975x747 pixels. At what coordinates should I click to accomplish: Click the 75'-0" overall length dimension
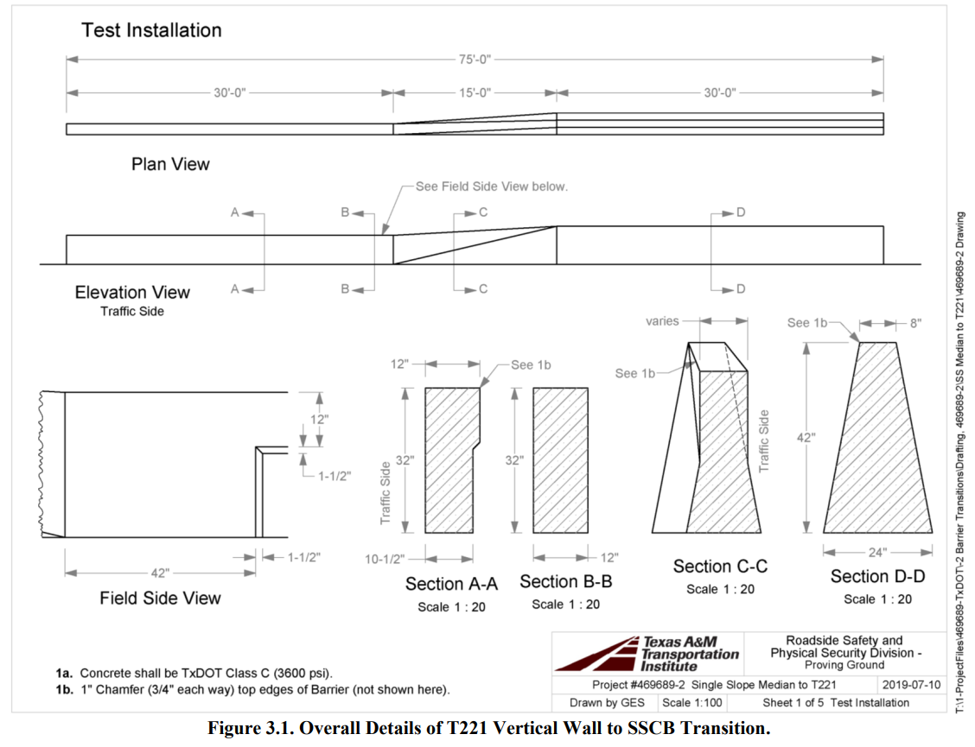pos(475,60)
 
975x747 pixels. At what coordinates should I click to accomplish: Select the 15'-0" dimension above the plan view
pos(474,92)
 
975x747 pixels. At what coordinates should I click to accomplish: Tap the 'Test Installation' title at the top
pos(151,30)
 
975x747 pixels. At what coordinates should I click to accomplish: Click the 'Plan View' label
pos(170,163)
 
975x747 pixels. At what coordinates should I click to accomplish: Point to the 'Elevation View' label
pos(132,292)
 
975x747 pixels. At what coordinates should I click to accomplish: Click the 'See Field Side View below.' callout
pos(491,187)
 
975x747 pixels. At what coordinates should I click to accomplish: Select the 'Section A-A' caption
pos(451,585)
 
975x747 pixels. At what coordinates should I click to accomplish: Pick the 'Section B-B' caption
pos(565,582)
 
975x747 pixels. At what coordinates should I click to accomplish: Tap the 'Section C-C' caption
pos(720,567)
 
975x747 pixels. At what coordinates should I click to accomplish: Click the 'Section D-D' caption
pos(877,576)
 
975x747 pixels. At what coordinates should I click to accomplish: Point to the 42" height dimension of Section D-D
pos(806,438)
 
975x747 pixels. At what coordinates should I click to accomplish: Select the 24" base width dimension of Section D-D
pos(877,553)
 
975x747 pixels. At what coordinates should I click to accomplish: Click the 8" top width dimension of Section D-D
pos(914,323)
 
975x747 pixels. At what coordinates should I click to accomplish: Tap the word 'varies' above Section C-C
pos(662,321)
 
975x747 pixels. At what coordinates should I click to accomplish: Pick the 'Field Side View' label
pos(160,598)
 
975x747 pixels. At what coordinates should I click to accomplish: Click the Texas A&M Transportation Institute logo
pos(647,655)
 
